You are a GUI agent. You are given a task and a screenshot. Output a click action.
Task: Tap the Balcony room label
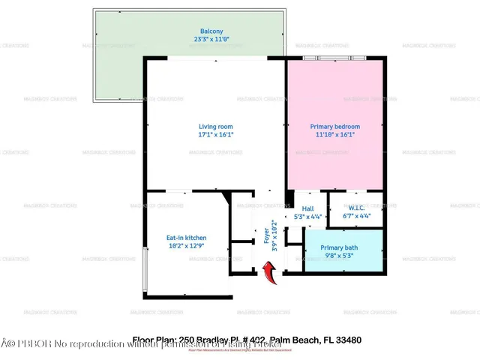pyautogui.click(x=189, y=31)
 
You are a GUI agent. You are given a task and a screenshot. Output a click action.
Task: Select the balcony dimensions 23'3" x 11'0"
pyautogui.click(x=189, y=39)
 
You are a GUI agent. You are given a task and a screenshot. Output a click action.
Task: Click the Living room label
pyautogui.click(x=216, y=126)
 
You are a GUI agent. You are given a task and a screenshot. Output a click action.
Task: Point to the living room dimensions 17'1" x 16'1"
pyautogui.click(x=216, y=135)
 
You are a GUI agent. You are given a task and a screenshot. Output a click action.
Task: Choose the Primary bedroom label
pyautogui.click(x=335, y=127)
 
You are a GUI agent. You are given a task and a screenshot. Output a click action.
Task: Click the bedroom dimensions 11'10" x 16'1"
pyautogui.click(x=335, y=136)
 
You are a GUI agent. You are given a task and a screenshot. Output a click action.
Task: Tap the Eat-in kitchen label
pyautogui.click(x=186, y=238)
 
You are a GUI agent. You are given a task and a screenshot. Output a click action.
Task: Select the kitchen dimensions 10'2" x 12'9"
pyautogui.click(x=186, y=246)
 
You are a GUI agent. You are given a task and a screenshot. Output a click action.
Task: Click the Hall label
pyautogui.click(x=307, y=209)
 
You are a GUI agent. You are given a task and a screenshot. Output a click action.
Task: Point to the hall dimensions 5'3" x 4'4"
pyautogui.click(x=307, y=217)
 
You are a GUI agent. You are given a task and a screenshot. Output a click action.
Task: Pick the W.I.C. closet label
pyautogui.click(x=356, y=209)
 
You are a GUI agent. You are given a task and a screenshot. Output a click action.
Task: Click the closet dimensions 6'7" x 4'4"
pyautogui.click(x=356, y=217)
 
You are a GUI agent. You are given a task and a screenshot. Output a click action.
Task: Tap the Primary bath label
pyautogui.click(x=339, y=247)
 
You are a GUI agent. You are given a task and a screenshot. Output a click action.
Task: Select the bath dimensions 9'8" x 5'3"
pyautogui.click(x=339, y=256)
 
